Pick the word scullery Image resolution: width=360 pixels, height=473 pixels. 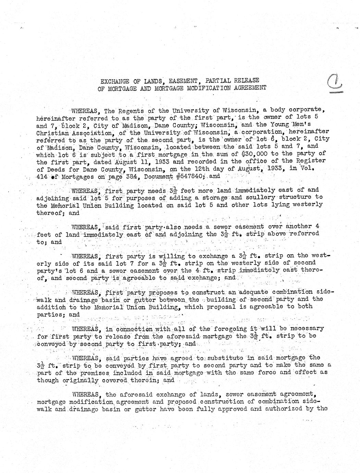click(262, 197)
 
